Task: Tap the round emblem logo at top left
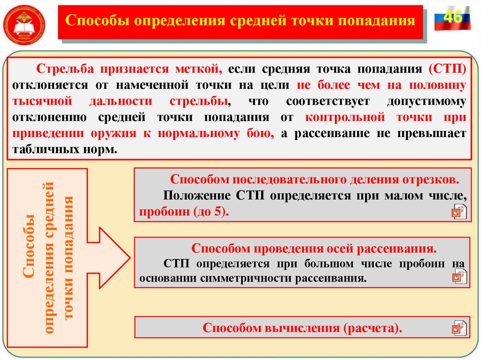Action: (x=24, y=23)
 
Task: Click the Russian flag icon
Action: (x=452, y=19)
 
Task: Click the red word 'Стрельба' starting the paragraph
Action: (x=63, y=69)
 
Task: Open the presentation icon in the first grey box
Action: (x=459, y=212)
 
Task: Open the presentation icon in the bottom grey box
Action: (x=459, y=328)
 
